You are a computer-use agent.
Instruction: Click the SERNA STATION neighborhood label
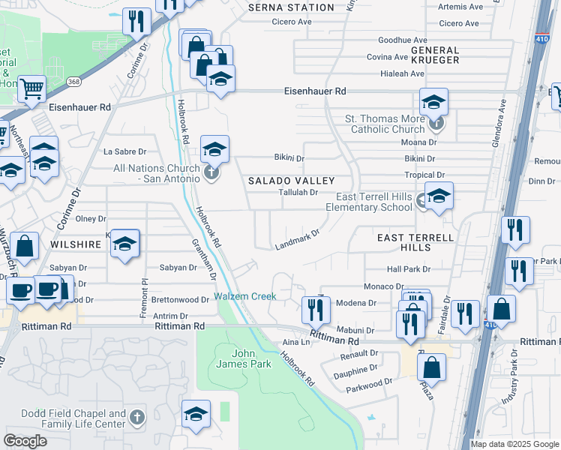(291, 7)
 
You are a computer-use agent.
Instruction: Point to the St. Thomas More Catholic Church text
(384, 124)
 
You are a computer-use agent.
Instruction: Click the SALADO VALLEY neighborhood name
(291, 181)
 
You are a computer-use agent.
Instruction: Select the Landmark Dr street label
(297, 239)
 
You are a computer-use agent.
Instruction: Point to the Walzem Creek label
(244, 296)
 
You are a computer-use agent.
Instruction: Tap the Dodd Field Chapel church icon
(136, 416)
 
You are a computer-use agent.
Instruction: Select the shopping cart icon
(31, 89)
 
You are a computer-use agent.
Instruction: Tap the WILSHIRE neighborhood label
(76, 244)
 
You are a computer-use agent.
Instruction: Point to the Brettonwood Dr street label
(179, 299)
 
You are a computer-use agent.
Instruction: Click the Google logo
(25, 441)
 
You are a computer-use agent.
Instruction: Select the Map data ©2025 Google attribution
(513, 444)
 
